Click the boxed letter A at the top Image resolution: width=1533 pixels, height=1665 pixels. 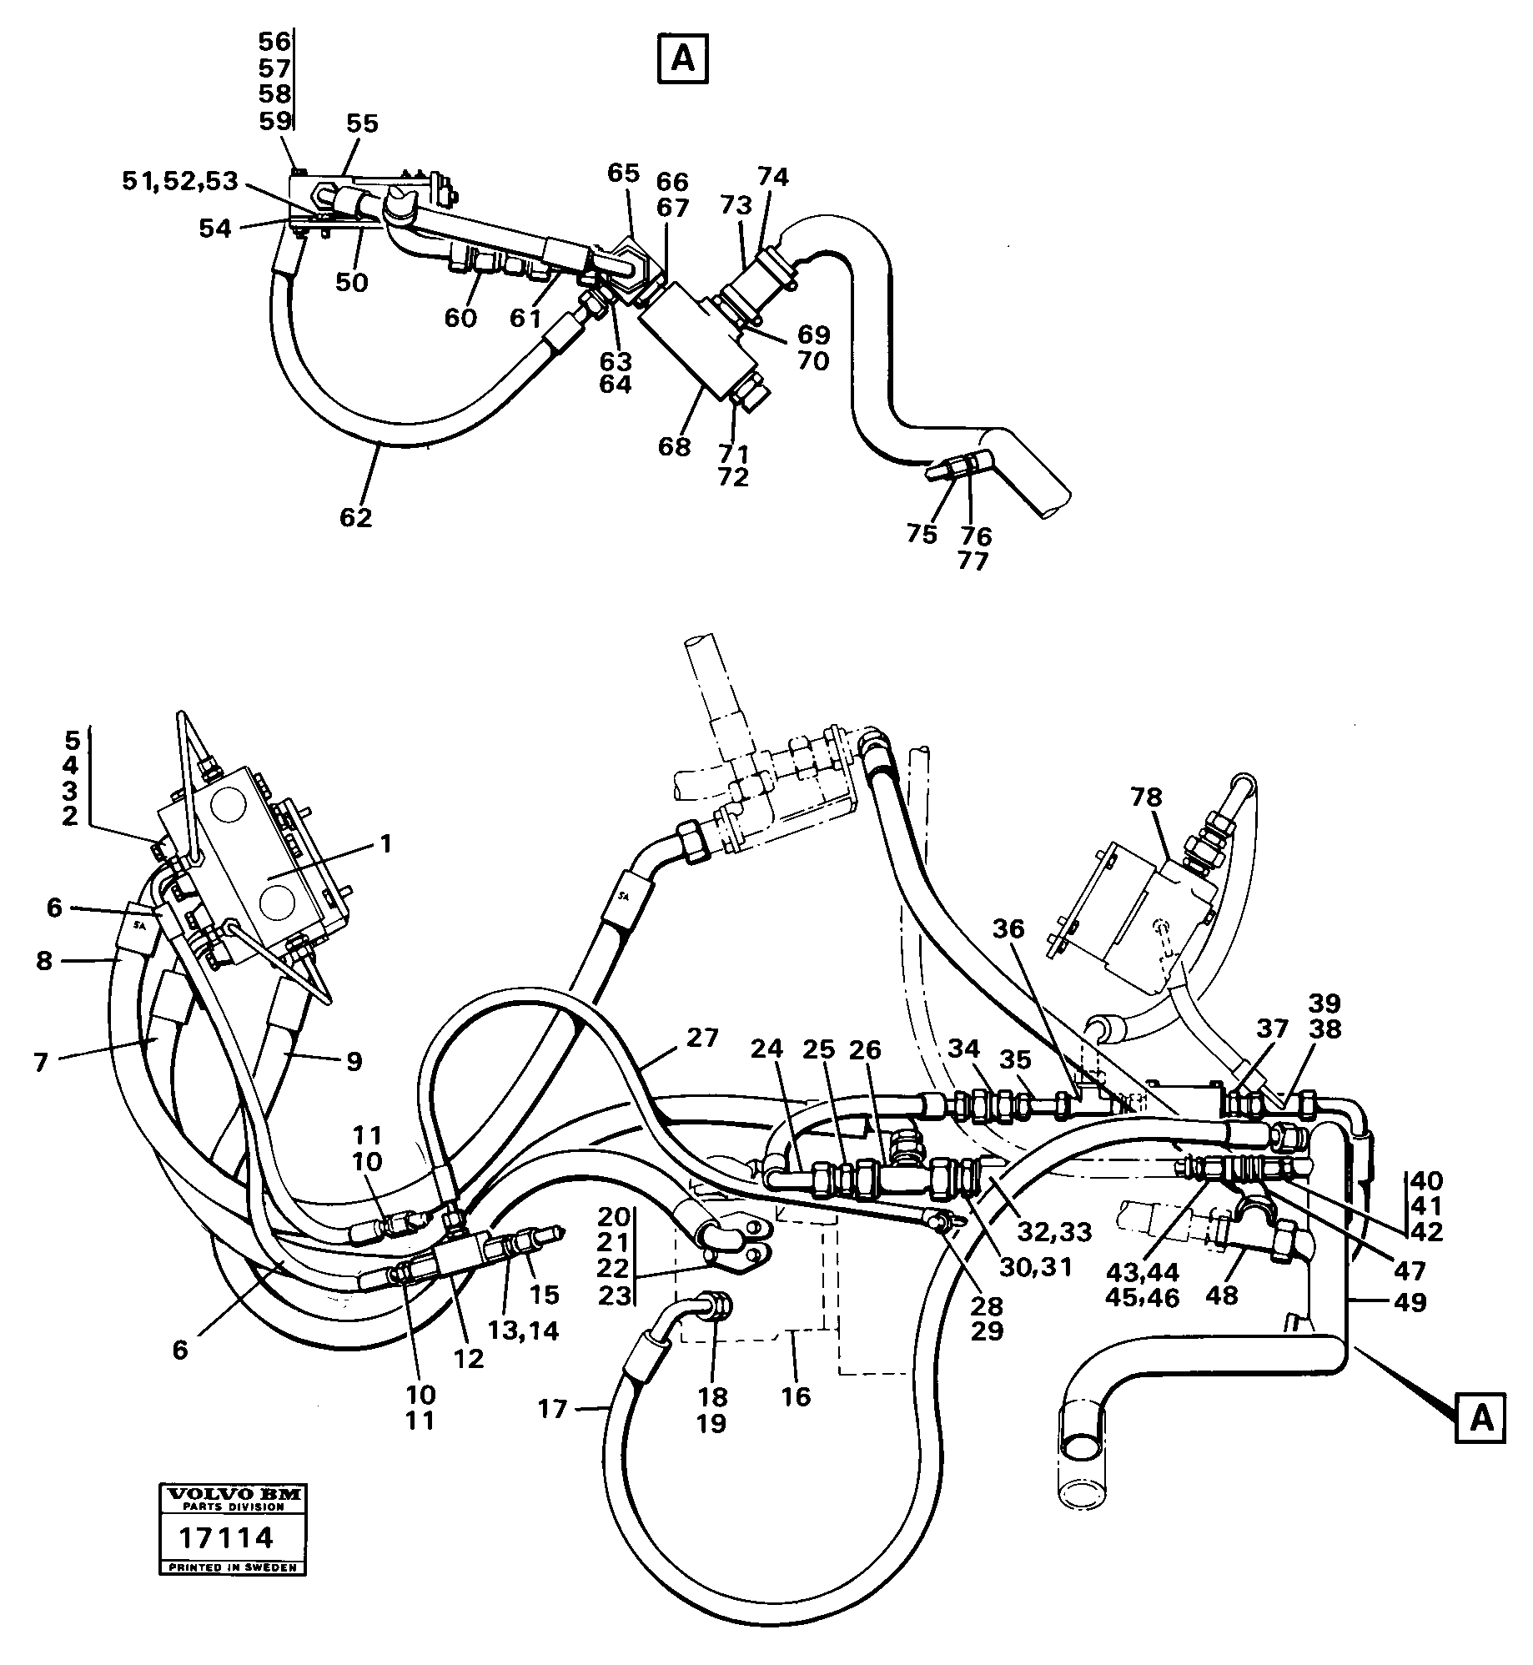682,58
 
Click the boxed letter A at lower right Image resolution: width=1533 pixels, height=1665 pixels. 1480,1417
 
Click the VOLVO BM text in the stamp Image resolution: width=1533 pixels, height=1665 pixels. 233,1494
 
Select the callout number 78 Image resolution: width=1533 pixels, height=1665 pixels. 1146,797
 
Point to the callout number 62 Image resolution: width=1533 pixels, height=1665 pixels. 355,517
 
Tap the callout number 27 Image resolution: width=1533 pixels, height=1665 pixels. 702,1038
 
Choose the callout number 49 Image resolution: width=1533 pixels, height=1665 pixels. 1410,1301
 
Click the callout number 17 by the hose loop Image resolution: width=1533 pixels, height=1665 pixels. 552,1409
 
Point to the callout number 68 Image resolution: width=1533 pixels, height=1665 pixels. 674,447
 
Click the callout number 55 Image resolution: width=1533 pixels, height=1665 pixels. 362,123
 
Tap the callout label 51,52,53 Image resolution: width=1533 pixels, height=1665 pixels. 179,181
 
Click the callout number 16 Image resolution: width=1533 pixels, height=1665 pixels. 796,1396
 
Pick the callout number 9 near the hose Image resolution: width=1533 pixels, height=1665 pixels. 354,1061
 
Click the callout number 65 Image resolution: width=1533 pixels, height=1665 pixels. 623,173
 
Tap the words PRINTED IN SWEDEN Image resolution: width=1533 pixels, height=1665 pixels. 233,1567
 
